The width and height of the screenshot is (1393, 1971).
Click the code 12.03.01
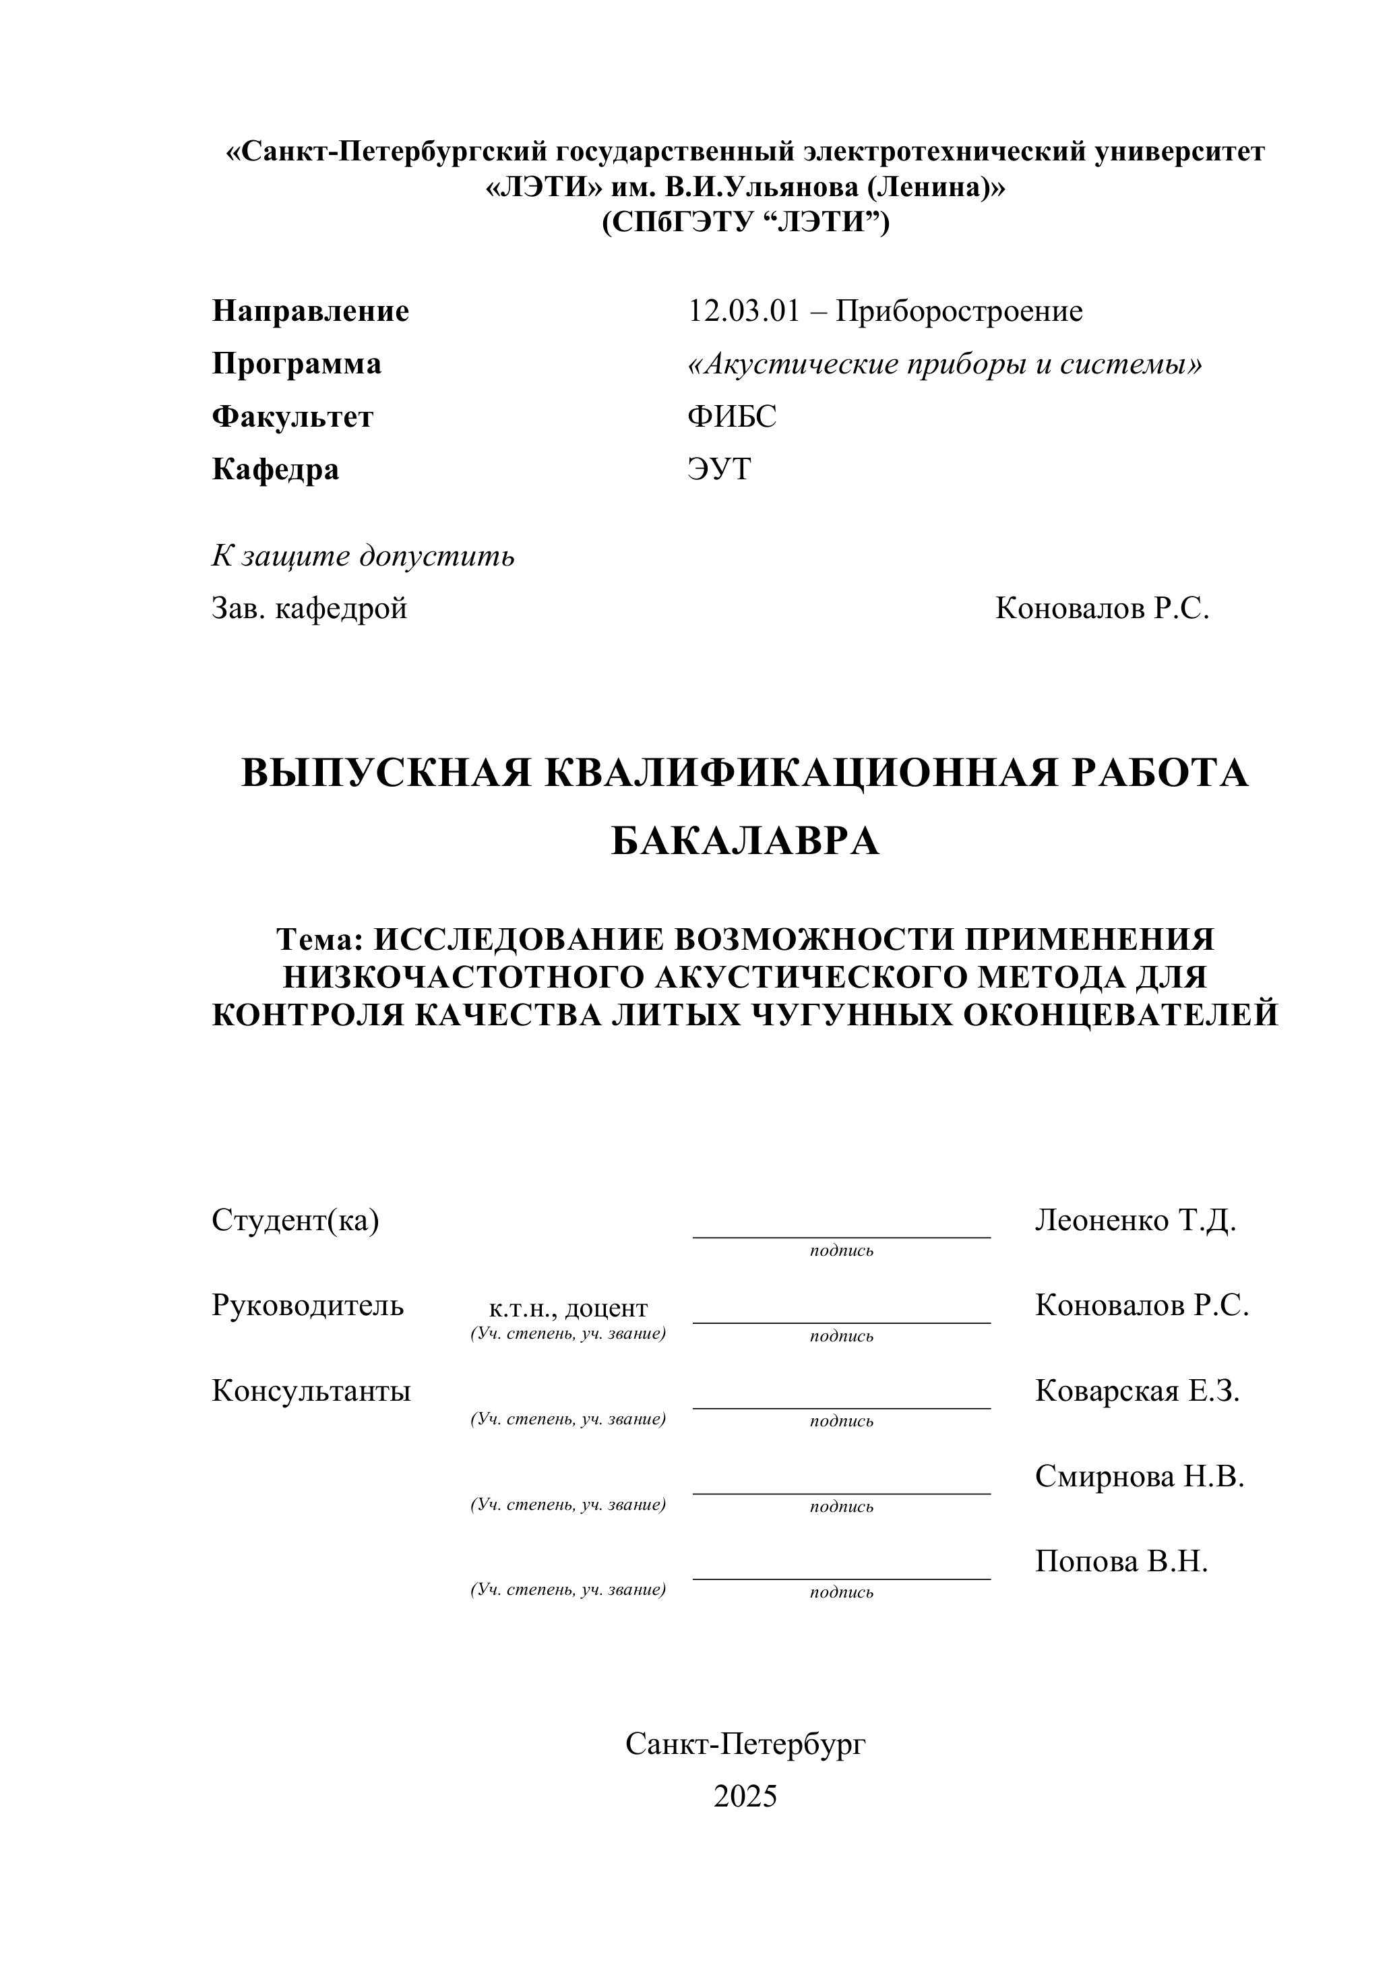pyautogui.click(x=743, y=311)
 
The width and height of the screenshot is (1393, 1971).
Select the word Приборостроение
pyautogui.click(x=959, y=311)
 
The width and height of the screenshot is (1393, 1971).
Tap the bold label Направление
pyautogui.click(x=311, y=311)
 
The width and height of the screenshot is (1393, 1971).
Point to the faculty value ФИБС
pyautogui.click(x=731, y=417)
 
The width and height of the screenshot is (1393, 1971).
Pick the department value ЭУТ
pyautogui.click(x=718, y=470)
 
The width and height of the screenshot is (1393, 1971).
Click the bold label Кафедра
pyautogui.click(x=276, y=470)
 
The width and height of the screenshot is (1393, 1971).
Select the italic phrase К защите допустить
pyautogui.click(x=363, y=557)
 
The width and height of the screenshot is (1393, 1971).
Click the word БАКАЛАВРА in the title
pyautogui.click(x=745, y=842)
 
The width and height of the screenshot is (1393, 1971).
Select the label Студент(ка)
pyautogui.click(x=295, y=1221)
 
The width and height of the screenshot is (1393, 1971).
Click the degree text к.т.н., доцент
pyautogui.click(x=568, y=1308)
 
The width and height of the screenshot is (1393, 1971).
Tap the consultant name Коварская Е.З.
pyautogui.click(x=1137, y=1391)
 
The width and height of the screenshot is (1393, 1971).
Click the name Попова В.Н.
pyautogui.click(x=1121, y=1562)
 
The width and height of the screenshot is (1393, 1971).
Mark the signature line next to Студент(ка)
pyautogui.click(x=841, y=1236)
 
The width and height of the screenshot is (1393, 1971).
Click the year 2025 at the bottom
pyautogui.click(x=745, y=1796)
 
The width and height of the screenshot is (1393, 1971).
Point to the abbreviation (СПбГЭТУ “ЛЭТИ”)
pyautogui.click(x=745, y=222)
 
